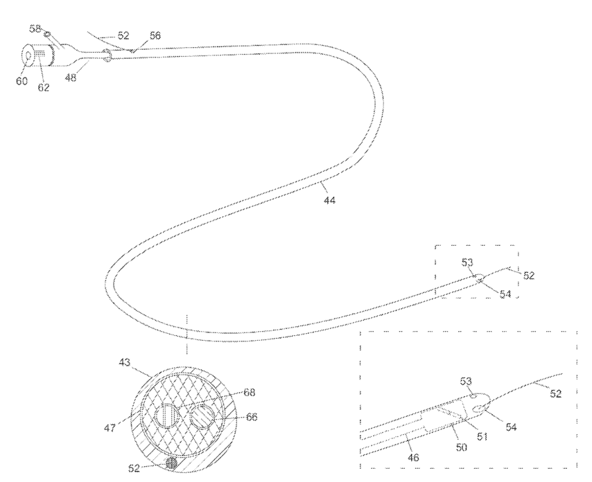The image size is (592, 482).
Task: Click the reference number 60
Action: click(22, 82)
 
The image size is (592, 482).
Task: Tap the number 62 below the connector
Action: click(44, 87)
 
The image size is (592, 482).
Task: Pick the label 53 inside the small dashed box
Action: click(468, 262)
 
